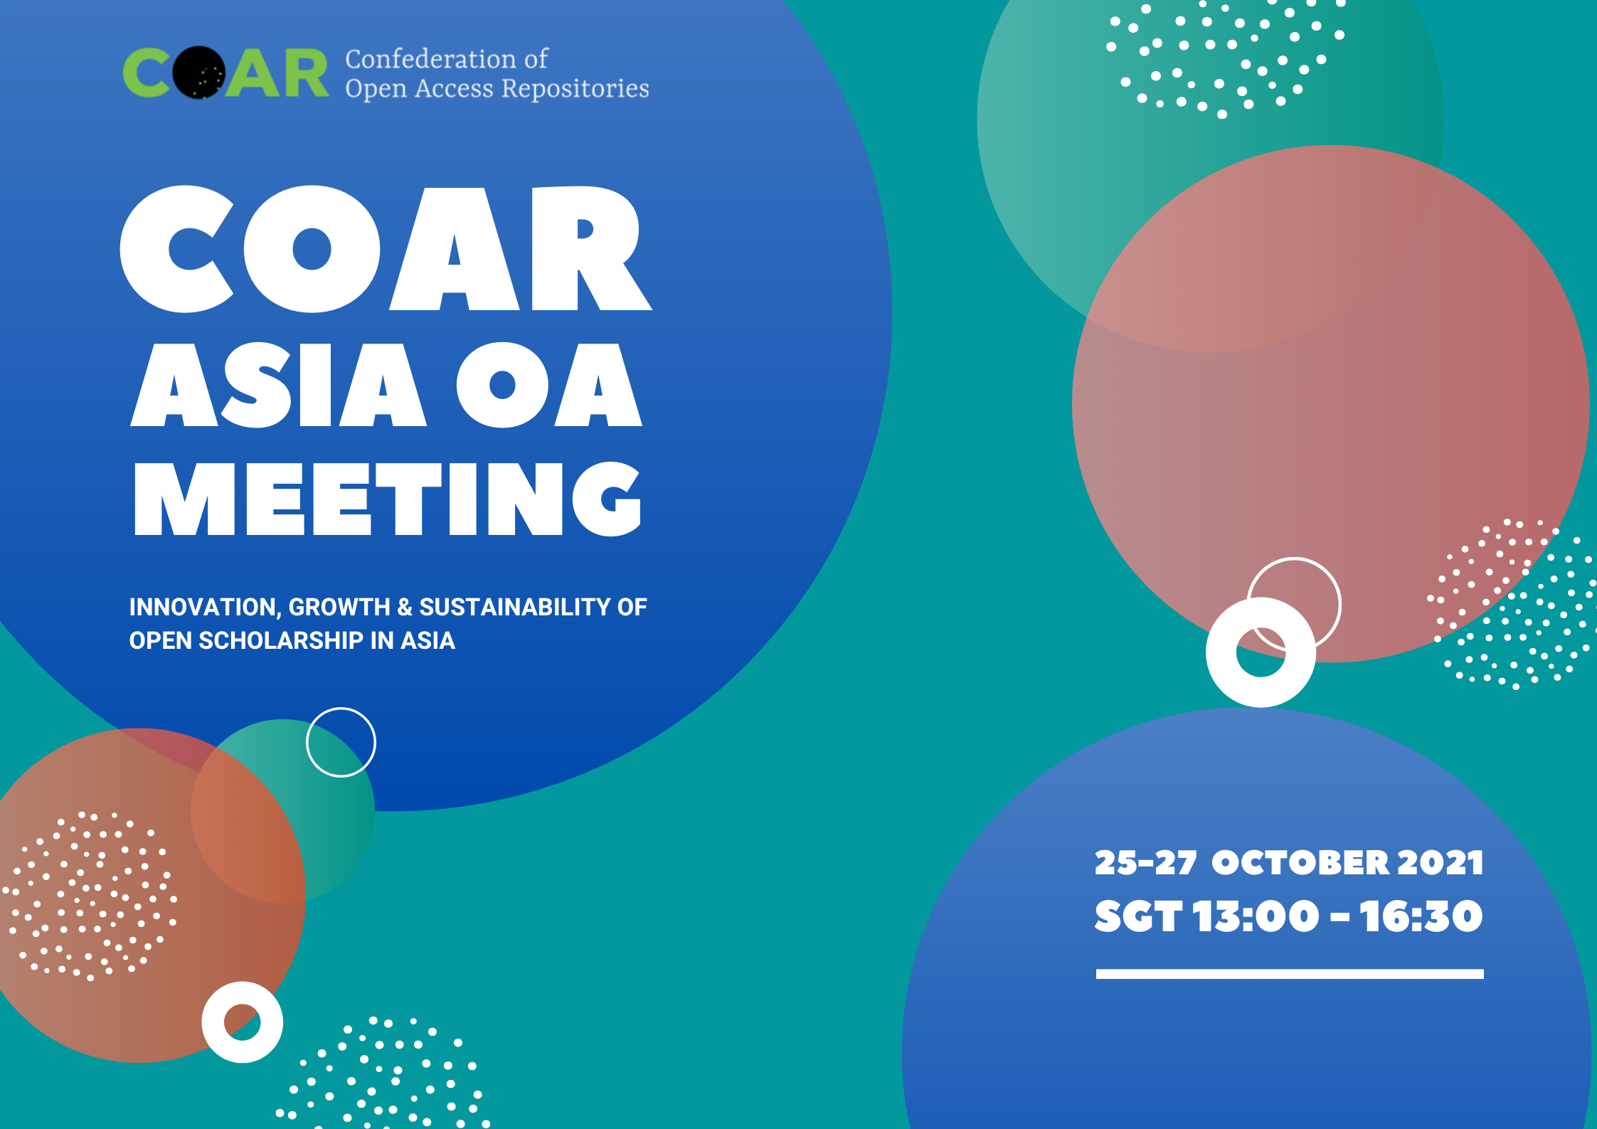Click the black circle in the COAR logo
coord(199,73)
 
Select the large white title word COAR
coord(385,249)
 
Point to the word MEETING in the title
coord(388,499)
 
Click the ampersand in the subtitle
coord(405,608)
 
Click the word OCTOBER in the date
coord(1300,863)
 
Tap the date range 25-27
coord(1145,863)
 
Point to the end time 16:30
coord(1421,916)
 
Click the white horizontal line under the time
coord(1289,974)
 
